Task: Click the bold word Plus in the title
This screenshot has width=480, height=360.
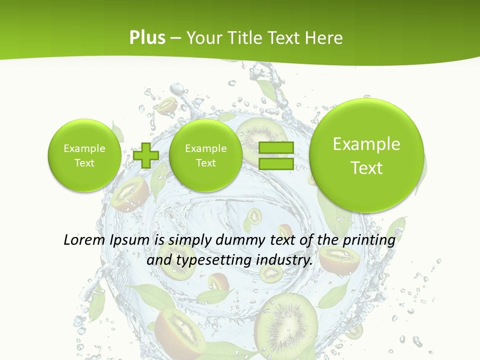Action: (x=147, y=38)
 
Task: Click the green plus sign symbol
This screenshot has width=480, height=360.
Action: (x=146, y=155)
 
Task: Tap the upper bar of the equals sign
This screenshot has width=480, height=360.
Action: (x=276, y=148)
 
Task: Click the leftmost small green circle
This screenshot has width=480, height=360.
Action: (x=84, y=155)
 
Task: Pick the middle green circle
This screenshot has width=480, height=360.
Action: (x=205, y=155)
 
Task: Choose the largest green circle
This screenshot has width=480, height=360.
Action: (x=366, y=155)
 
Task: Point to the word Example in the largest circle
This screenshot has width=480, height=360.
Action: (x=366, y=144)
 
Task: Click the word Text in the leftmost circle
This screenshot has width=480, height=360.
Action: (x=84, y=163)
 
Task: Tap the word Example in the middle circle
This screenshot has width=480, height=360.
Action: (x=205, y=148)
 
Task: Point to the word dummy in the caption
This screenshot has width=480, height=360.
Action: (x=239, y=240)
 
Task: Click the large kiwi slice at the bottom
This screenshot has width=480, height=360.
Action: (x=286, y=320)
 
